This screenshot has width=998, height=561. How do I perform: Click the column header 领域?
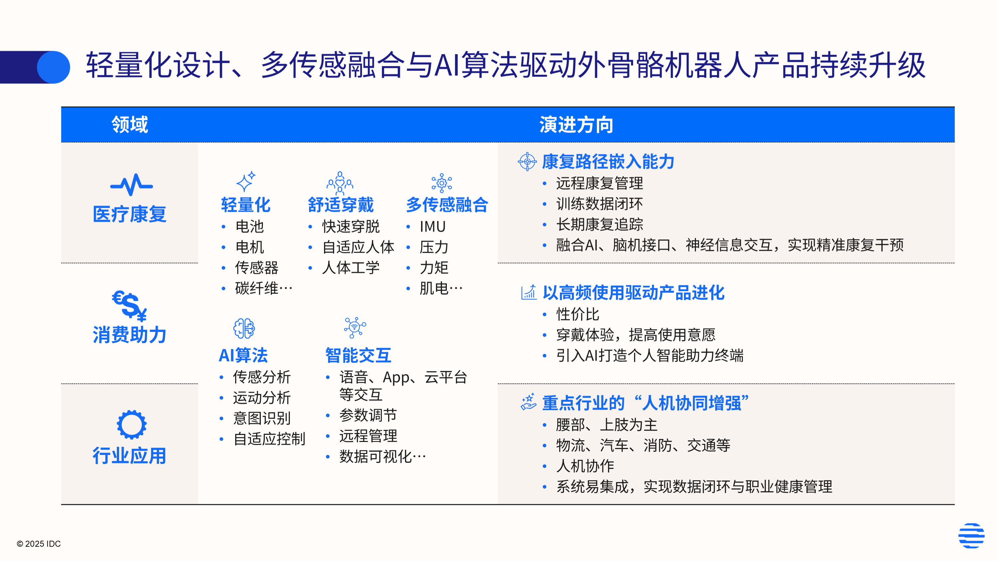tap(130, 125)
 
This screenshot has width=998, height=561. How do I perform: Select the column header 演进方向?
tap(576, 125)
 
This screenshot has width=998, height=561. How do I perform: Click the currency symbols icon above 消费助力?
tap(129, 306)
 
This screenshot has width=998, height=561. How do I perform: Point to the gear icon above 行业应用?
tap(132, 424)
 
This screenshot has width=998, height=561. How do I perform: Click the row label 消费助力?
tap(129, 335)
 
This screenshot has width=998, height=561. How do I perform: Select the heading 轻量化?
tap(246, 205)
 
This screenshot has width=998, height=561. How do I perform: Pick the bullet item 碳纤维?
tap(263, 288)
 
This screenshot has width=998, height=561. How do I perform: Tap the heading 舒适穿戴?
tap(341, 205)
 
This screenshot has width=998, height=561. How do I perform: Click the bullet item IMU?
tap(432, 226)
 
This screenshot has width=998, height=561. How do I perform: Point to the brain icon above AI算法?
tap(244, 328)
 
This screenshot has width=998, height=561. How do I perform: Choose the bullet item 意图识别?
tap(262, 418)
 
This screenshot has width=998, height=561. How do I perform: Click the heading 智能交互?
tap(358, 355)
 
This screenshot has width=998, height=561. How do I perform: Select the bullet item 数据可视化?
tap(382, 457)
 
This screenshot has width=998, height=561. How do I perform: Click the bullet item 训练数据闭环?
tap(599, 204)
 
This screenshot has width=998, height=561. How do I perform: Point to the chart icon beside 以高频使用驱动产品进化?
tap(529, 292)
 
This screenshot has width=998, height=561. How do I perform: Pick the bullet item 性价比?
tap(578, 314)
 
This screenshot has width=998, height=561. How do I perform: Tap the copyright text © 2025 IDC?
tap(39, 544)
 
